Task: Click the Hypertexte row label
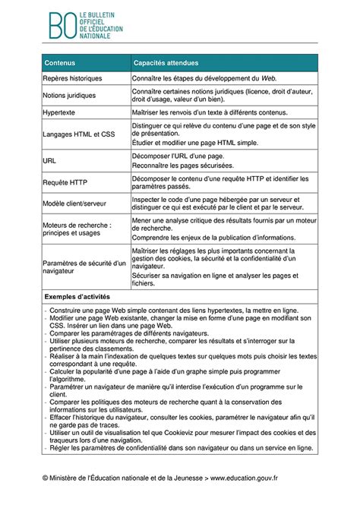coord(61,112)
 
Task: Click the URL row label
coord(51,160)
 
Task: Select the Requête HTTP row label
coord(66,182)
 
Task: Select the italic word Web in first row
coord(268,78)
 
